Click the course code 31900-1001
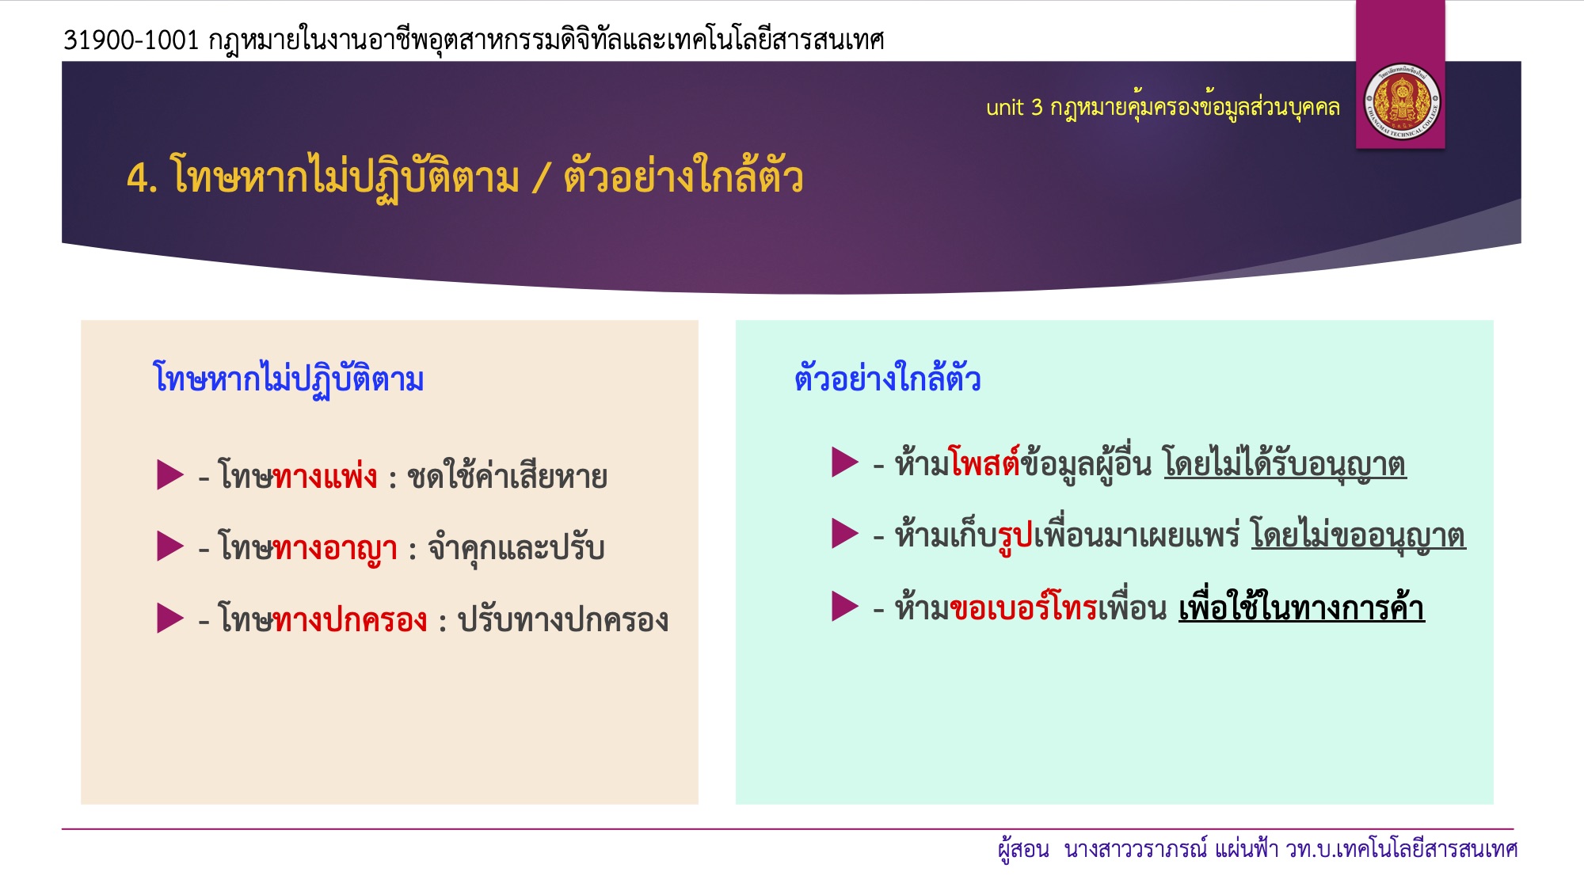131,40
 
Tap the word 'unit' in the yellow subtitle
1004,108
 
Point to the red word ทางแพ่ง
325,476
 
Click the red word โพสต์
984,463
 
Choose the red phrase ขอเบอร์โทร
1023,607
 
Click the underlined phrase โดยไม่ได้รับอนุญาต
1285,463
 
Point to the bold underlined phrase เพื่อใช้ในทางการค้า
1302,607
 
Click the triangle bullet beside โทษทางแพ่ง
169,475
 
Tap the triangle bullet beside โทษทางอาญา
169,546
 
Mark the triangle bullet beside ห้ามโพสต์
845,462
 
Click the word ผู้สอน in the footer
1023,851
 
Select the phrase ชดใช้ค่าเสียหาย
507,476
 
